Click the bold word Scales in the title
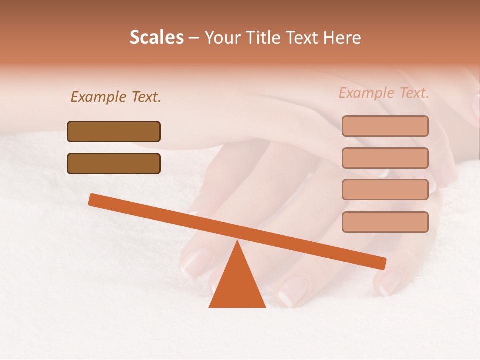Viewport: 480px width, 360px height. click(156, 37)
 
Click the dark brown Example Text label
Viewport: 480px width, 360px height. click(116, 97)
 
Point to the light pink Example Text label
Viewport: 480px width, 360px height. click(384, 93)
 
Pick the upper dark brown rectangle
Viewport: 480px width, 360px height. click(114, 131)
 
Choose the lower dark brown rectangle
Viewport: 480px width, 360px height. click(114, 163)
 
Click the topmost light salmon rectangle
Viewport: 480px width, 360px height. click(385, 126)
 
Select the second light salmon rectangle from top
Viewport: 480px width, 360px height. click(385, 158)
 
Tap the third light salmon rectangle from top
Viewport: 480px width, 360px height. click(385, 190)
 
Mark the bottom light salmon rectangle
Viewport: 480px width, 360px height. click(385, 222)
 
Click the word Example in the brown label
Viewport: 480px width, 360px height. click(99, 97)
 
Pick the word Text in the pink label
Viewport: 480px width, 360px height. click(413, 93)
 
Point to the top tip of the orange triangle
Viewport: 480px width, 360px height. click(237, 242)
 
